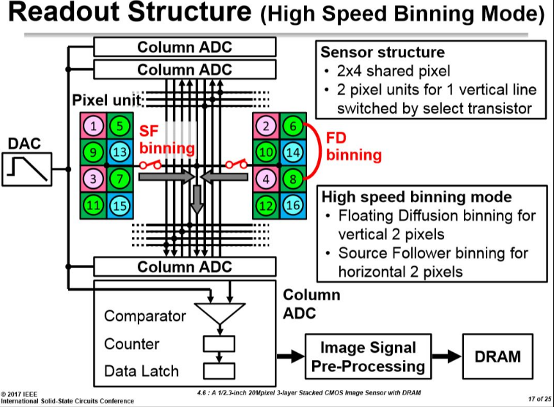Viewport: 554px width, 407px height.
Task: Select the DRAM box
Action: coord(498,356)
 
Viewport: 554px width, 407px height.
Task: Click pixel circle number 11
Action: coord(93,206)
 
